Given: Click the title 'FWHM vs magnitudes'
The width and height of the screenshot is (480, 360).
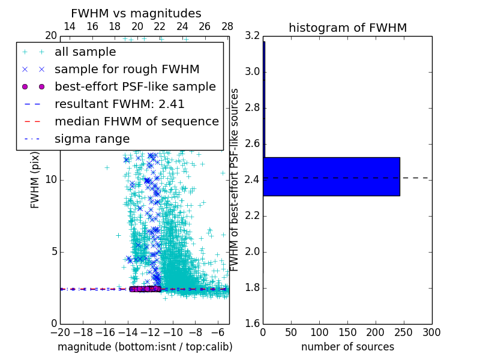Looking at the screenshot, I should [x=136, y=13].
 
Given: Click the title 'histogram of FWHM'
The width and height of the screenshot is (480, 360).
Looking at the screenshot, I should [x=347, y=28].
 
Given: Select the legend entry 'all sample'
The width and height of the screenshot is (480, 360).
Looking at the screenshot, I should [x=85, y=52].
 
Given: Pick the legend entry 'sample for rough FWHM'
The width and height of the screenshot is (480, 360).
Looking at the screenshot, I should [x=127, y=70].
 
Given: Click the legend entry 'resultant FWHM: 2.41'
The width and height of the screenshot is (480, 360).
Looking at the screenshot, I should [x=119, y=104].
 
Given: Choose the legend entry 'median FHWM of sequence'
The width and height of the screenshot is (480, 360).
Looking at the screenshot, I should [x=136, y=122].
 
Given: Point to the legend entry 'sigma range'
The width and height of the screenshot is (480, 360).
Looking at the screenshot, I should [x=92, y=139].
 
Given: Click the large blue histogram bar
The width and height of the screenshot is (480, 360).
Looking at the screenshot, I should [x=331, y=176].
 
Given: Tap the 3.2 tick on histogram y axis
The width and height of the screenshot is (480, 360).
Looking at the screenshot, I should [x=251, y=36].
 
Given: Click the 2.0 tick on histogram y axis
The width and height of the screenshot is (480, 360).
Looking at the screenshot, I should [x=251, y=251].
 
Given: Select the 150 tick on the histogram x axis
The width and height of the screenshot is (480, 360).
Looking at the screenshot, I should [x=347, y=332].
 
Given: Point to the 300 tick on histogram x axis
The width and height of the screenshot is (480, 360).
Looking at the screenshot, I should [x=431, y=332].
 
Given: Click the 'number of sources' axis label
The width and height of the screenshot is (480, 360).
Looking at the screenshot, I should [x=347, y=347].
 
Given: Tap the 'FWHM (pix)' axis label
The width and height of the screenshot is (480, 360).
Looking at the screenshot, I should [x=35, y=179].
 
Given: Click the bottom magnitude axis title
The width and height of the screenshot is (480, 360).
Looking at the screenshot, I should [x=145, y=347].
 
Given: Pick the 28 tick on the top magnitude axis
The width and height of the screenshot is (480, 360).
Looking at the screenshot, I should [x=227, y=26].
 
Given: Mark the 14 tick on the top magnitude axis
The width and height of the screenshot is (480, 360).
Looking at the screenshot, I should [x=70, y=26].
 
